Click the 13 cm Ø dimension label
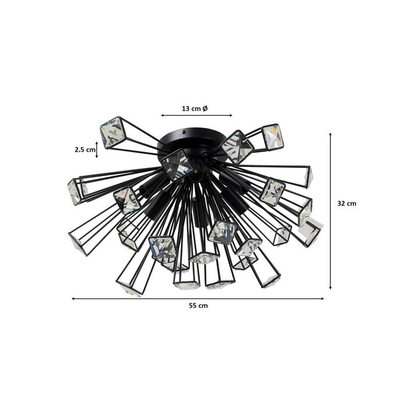[195, 109]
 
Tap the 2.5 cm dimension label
[85, 149]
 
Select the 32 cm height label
[347, 203]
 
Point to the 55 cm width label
[198, 305]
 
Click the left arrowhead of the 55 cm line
[73, 299]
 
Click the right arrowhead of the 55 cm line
[322, 299]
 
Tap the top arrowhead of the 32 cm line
[330, 134]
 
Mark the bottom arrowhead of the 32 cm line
[330, 287]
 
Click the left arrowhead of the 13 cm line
[162, 115]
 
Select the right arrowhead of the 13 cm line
[230, 115]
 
